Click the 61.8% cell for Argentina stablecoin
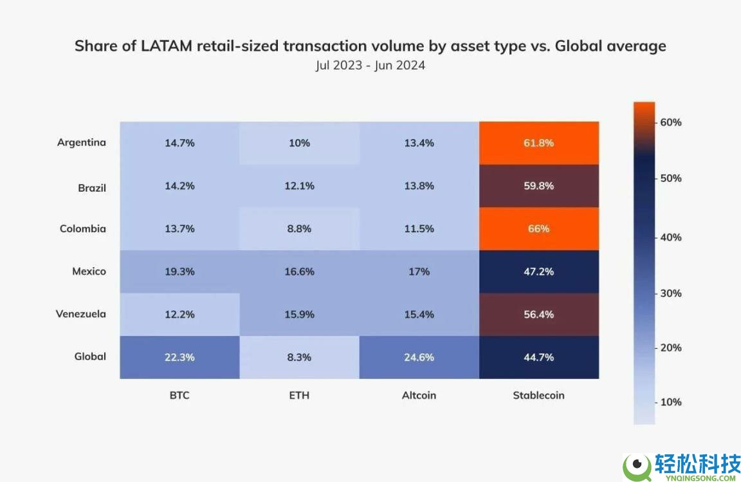[539, 143]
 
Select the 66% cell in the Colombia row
[539, 228]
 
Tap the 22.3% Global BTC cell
[179, 357]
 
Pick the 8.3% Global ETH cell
[299, 357]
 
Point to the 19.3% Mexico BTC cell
[179, 272]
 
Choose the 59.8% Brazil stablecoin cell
[539, 186]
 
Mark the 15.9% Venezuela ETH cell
[299, 314]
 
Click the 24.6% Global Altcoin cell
[419, 357]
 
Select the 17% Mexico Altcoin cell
[419, 272]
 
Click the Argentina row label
[81, 142]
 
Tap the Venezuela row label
[81, 313]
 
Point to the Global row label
[90, 356]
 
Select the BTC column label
[179, 395]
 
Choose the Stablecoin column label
[539, 395]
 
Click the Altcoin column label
[419, 395]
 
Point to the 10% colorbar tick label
[671, 402]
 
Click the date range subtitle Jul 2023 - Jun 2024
[370, 65]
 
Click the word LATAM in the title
[167, 46]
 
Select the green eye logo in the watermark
[637, 467]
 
